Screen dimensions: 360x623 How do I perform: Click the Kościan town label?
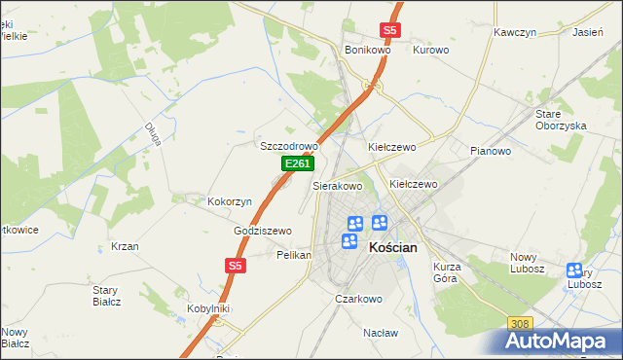[394, 247]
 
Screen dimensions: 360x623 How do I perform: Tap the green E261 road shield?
[297, 165]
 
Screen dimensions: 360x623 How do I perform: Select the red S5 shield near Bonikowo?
[389, 30]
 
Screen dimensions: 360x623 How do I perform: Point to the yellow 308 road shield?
[521, 323]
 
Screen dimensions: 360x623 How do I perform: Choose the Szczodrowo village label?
[289, 146]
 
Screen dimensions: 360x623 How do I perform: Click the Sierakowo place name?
[337, 185]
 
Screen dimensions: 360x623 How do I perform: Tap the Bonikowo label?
[367, 50]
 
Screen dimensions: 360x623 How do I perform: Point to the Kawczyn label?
[515, 32]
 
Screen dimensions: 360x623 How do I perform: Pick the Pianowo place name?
[491, 151]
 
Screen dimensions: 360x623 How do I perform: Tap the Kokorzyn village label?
[230, 201]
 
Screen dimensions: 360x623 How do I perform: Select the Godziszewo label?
[263, 231]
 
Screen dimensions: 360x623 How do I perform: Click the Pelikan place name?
[293, 255]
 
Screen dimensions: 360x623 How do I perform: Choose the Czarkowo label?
[357, 299]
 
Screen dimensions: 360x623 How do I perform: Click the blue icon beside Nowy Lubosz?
[574, 271]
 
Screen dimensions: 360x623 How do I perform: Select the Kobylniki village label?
[207, 308]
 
